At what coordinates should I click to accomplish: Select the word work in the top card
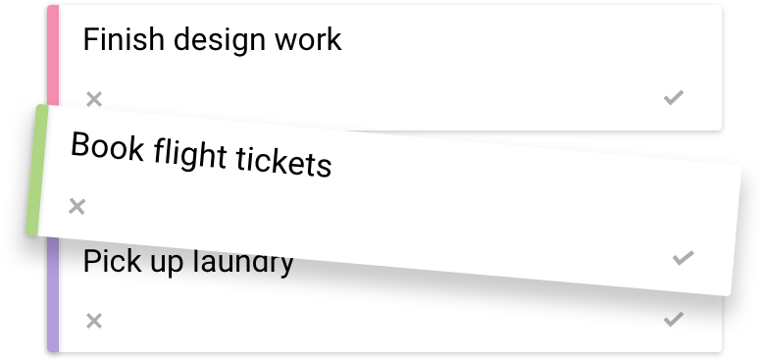coord(308,39)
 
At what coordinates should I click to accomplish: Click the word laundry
coord(245,262)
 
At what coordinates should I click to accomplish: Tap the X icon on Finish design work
coord(94,98)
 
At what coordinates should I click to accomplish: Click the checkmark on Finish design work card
coord(673,96)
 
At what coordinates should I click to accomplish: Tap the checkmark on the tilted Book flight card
coord(683,258)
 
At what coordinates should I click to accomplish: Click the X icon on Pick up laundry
coord(94,320)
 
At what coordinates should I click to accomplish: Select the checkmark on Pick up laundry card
coord(673,319)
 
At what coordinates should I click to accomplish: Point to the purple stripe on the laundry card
coord(53,294)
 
